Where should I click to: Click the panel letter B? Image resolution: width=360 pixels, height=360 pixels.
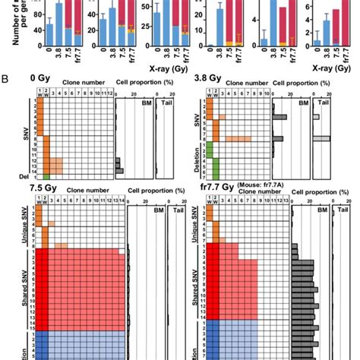coord(6,79)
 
